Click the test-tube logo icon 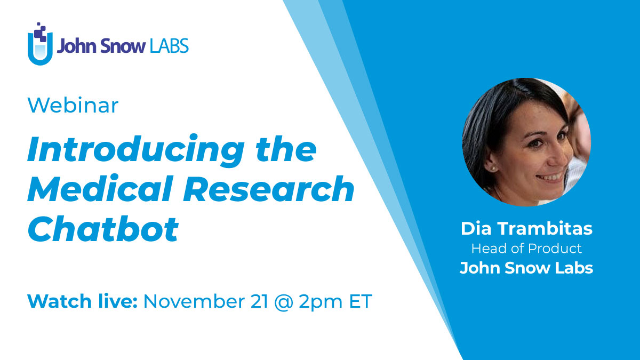click(40, 45)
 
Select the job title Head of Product click(526, 249)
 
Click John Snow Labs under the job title click(526, 267)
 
